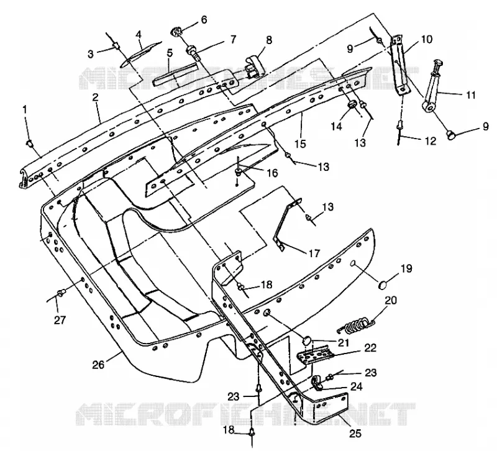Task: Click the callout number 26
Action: (98, 365)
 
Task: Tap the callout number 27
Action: (60, 320)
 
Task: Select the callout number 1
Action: (25, 109)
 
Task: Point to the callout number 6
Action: (204, 20)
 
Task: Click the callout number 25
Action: (355, 433)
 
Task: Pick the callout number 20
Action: (391, 300)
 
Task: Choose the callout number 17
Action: (314, 253)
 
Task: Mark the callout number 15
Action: (300, 143)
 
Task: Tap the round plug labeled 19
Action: (383, 285)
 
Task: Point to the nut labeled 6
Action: (176, 32)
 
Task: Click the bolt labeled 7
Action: (194, 53)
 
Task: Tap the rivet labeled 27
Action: (60, 291)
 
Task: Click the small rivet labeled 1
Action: (29, 143)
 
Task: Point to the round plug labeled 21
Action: (306, 341)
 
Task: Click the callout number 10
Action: (427, 39)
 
